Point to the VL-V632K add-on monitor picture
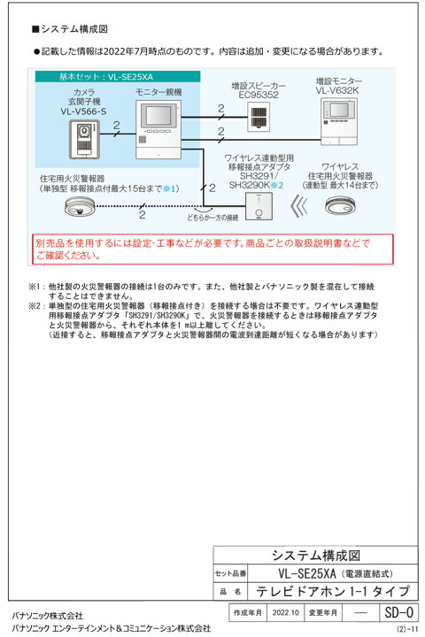click(339, 120)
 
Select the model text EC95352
click(259, 93)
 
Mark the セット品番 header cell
click(231, 572)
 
